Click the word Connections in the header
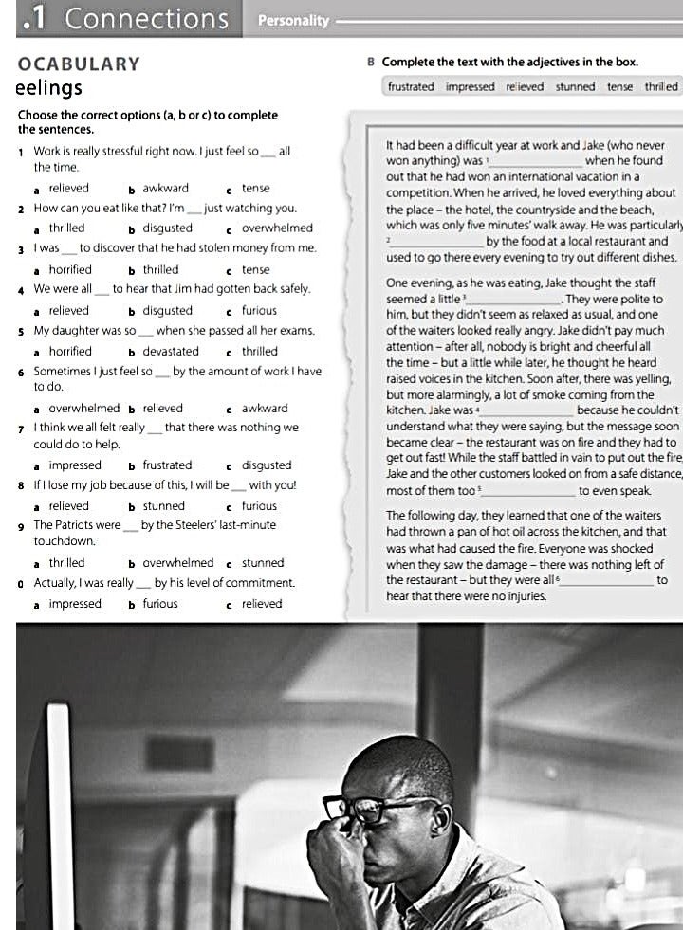coord(147,19)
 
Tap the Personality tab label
coord(293,20)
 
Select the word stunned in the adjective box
coord(575,87)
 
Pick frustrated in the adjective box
coord(411,87)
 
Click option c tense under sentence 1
coord(255,188)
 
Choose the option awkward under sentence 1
coord(165,188)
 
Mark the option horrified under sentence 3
coord(70,269)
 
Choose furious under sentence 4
coord(259,310)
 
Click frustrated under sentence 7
coord(167,465)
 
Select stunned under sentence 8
coord(163,505)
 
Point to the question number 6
coord(21,372)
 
